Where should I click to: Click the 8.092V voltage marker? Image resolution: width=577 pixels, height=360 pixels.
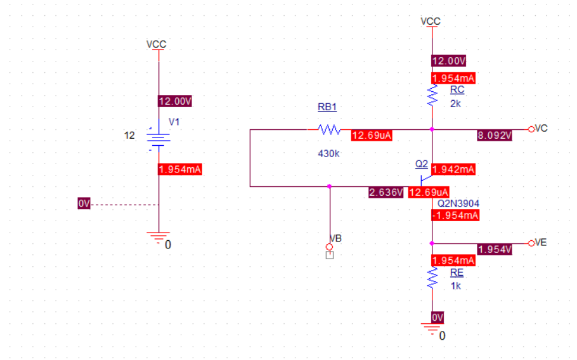(494, 135)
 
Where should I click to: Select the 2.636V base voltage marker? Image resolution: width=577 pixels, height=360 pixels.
(386, 192)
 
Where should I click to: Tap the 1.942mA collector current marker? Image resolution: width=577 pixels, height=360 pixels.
(453, 169)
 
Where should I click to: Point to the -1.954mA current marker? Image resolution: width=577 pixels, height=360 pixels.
(455, 215)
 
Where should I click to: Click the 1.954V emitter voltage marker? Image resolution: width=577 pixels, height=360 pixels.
(495, 249)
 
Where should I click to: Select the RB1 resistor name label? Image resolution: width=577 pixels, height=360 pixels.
(327, 107)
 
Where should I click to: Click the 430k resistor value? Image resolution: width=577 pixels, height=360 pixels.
(328, 153)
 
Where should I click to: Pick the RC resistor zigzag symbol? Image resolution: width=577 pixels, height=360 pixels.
(432, 95)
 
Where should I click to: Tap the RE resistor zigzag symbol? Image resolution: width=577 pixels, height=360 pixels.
(432, 277)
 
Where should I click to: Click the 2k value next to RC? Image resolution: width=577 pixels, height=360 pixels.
(455, 103)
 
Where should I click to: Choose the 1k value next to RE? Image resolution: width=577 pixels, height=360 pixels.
(455, 286)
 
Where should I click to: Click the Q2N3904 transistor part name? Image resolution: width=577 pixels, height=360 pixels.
(458, 203)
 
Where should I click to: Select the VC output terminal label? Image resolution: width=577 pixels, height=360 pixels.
(541, 128)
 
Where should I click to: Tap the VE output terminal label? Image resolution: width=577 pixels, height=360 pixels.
(541, 243)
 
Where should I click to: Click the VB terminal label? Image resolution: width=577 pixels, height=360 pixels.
(336, 238)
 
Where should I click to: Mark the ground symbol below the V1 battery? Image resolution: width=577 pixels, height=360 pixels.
(159, 238)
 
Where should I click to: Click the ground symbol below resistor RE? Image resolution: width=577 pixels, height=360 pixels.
(432, 329)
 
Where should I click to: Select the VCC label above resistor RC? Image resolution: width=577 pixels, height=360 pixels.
(430, 22)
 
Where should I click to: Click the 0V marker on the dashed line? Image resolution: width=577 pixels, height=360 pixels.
(84, 203)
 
